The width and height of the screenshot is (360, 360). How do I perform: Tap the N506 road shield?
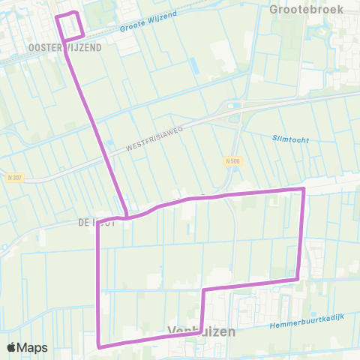232,160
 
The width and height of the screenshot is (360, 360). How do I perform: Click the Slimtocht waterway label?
291,137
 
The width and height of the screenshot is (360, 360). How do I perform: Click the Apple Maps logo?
27,347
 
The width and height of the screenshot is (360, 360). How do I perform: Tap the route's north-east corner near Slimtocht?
303,189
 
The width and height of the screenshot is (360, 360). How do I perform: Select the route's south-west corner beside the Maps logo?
98,345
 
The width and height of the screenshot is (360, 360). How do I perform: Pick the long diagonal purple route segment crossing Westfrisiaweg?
98,127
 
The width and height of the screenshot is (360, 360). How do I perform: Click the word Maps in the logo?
33,347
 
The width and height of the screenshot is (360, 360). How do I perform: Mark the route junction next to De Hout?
127,217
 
